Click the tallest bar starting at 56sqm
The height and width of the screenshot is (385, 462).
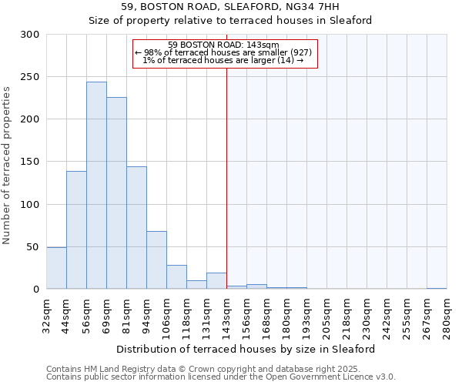point(96,185)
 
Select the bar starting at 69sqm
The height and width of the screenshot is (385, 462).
point(116,192)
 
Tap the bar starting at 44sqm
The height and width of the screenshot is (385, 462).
point(76,229)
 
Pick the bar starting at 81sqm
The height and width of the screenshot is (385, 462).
point(136,227)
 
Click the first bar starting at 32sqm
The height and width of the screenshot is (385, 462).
point(56,268)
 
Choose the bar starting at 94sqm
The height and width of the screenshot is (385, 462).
point(156,259)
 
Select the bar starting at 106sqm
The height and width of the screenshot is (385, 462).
point(176,276)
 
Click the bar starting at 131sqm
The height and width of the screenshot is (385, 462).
point(216,281)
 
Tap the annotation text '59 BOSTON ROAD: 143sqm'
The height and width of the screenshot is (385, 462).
point(223,45)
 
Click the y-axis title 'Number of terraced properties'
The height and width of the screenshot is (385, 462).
point(7,165)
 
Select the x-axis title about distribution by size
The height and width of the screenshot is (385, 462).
point(246,349)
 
